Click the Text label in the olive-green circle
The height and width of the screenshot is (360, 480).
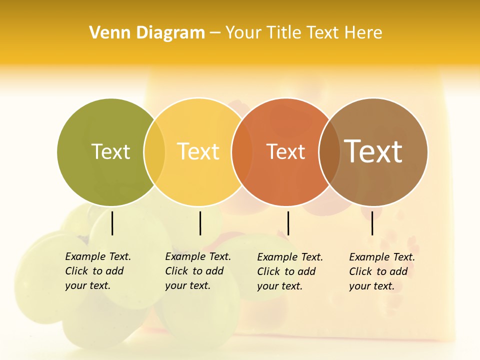click(x=110, y=151)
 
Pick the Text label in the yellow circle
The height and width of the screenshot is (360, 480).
click(x=198, y=151)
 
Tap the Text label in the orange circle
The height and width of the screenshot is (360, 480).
click(x=285, y=151)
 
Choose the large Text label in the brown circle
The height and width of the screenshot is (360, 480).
click(x=373, y=151)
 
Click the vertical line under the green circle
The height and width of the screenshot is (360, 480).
click(x=112, y=223)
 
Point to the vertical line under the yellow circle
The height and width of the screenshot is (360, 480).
click(x=200, y=223)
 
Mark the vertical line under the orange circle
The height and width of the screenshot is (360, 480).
click(x=288, y=223)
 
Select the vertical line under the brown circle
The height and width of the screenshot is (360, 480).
click(x=372, y=223)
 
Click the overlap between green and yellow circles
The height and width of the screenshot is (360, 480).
click(x=154, y=151)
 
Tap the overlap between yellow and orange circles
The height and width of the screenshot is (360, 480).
click(x=242, y=151)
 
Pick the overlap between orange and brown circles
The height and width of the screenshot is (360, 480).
click(x=329, y=151)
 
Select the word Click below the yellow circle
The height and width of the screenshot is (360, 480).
click(x=176, y=271)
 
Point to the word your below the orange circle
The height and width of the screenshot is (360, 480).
click(x=267, y=286)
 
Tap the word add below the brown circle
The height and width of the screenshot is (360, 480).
click(x=398, y=271)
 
